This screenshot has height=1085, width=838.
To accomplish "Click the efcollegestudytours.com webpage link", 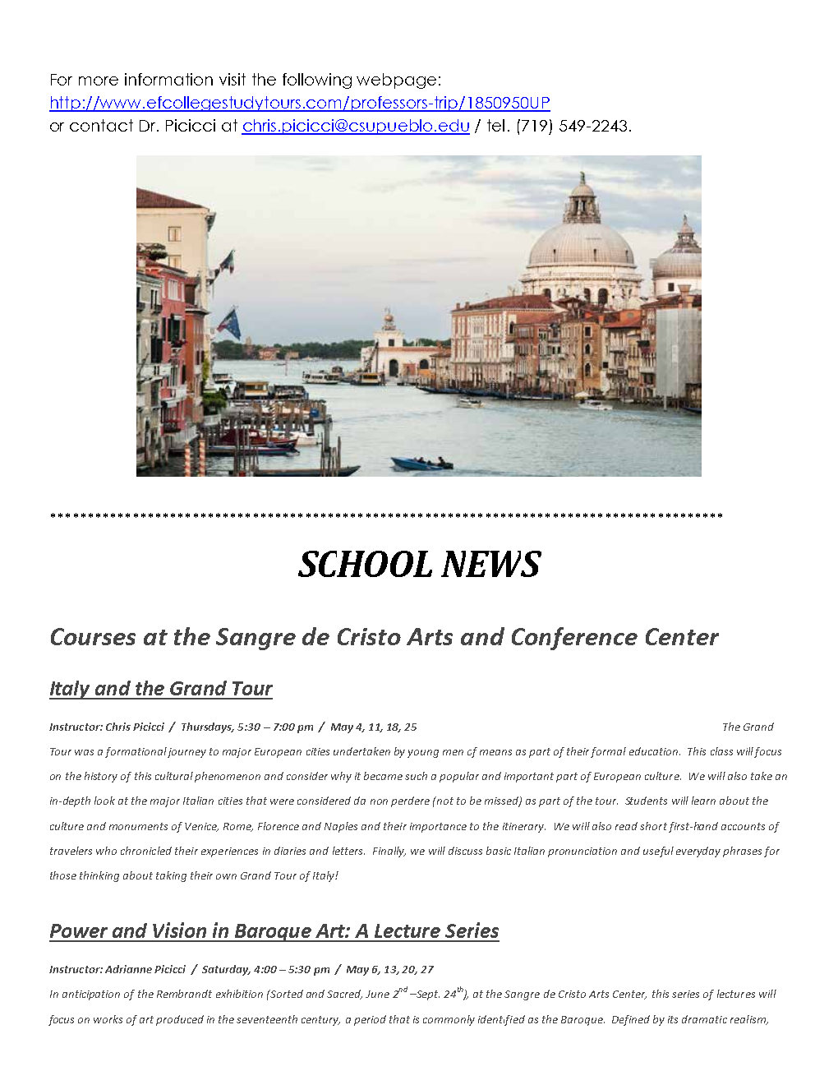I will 299,103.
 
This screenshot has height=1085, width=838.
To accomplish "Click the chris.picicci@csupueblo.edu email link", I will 355,126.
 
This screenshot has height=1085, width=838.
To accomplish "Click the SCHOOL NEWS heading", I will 419,565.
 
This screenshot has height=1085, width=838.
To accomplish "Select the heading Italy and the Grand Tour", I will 160,689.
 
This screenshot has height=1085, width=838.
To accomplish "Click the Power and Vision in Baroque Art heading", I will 274,931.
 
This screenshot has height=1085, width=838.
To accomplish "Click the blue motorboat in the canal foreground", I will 421,464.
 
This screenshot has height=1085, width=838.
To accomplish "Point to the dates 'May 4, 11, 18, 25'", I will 373,727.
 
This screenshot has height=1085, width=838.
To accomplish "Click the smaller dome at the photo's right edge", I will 679,260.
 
